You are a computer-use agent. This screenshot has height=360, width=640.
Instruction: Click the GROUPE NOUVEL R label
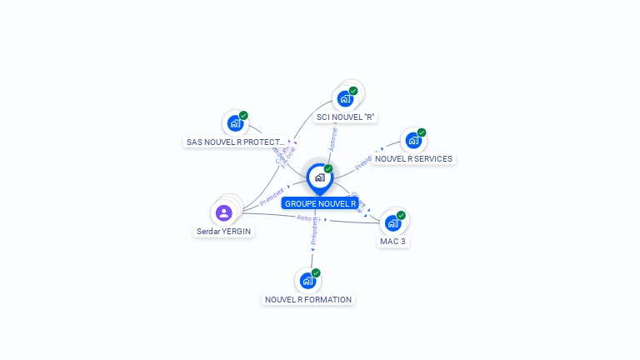coord(320,203)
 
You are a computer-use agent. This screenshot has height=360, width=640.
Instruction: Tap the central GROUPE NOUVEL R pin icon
coord(319,177)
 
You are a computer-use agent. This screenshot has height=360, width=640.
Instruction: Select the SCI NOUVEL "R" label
coord(346,117)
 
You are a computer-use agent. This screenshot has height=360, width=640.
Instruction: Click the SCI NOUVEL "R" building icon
coord(345,98)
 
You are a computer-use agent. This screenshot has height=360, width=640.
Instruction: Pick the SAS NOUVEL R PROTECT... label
coord(236,142)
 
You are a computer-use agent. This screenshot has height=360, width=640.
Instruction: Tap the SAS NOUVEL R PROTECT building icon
coord(235,124)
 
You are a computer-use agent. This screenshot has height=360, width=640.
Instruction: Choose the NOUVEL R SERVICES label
coord(413,158)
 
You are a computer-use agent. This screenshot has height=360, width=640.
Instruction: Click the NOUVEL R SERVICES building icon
coord(412,141)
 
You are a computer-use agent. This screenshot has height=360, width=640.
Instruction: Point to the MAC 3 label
coord(393,241)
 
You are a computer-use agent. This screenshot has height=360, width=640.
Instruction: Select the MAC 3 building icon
coord(392,223)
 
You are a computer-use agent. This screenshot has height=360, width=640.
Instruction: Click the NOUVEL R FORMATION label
coord(308,299)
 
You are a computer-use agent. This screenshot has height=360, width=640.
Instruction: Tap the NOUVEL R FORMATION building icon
coord(307,281)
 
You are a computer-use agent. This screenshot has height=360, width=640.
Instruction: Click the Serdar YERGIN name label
coord(223,231)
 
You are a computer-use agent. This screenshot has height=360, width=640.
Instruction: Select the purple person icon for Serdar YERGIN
coord(223,212)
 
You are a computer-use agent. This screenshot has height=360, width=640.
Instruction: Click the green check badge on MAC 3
coord(401,215)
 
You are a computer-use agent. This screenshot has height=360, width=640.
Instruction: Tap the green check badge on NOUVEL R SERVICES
coord(422,132)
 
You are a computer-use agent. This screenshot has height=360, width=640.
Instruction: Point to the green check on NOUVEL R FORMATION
coord(316,272)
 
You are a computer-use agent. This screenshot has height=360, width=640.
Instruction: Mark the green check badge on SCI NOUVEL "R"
coord(353,91)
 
